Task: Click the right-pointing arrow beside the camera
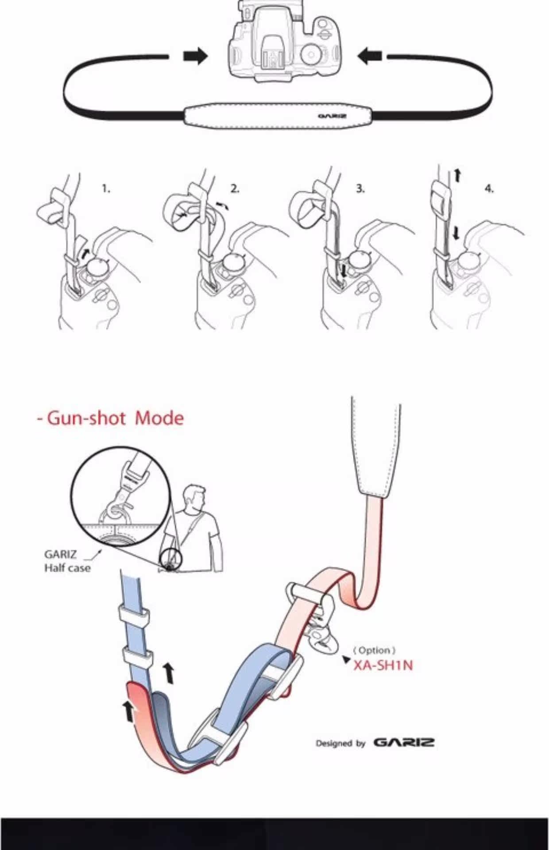pos(195,56)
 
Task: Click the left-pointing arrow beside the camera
pos(369,56)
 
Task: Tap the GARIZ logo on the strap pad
pos(332,117)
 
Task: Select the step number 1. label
pos(106,189)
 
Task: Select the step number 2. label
pos(235,189)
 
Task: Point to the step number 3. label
pos(361,189)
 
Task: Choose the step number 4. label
pos(489,189)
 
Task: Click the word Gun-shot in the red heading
pos(88,418)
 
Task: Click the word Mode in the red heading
pos(159,418)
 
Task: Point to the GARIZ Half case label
pos(66,561)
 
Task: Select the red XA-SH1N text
pos(383,665)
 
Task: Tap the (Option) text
pos(374,650)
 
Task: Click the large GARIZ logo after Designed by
pos(404,742)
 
